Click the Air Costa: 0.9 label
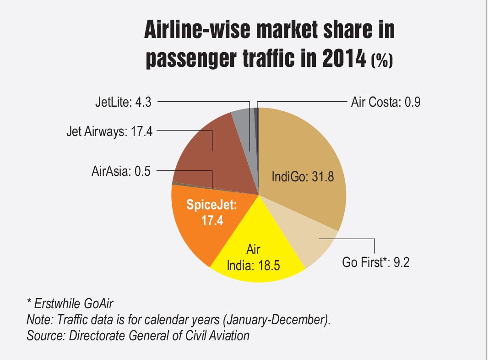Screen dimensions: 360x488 click(x=385, y=102)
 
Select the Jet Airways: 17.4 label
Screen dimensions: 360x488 click(x=109, y=132)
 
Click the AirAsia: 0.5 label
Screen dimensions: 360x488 click(x=121, y=172)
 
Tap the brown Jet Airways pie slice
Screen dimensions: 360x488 click(x=201, y=151)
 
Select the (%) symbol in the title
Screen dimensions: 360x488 click(x=382, y=60)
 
